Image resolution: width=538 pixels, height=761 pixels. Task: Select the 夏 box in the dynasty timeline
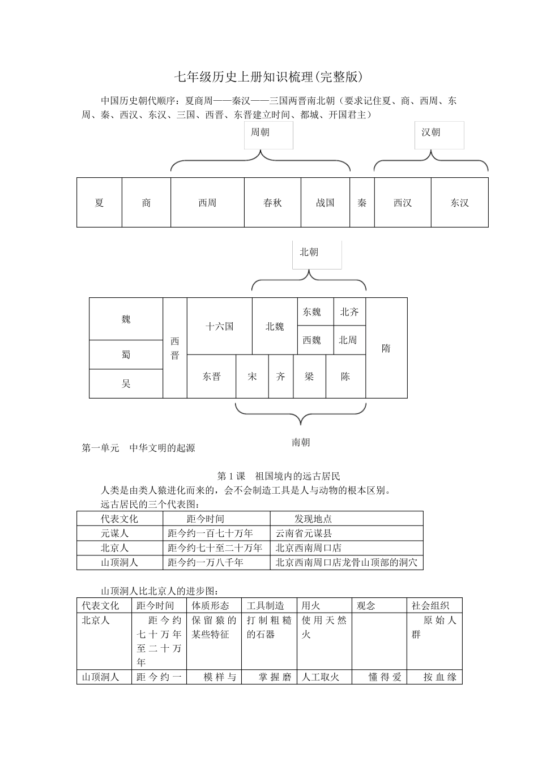100,203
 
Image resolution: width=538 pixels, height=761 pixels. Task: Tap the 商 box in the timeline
146,203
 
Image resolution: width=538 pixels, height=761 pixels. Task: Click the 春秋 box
272,203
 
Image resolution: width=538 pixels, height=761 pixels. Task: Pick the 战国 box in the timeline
325,203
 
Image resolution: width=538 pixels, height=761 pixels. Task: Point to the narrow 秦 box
362,203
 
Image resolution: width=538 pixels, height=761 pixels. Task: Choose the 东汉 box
459,203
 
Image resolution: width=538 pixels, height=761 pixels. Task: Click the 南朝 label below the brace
301,442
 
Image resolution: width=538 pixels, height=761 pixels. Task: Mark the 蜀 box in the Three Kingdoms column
126,355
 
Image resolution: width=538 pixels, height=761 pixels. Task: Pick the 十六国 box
219,327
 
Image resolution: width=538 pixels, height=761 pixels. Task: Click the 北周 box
348,340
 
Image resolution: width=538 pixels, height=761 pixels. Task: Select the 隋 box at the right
386,348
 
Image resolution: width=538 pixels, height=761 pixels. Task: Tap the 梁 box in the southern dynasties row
309,377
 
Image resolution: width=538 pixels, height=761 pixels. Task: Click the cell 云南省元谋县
304,533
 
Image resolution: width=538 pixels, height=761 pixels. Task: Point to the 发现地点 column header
313,519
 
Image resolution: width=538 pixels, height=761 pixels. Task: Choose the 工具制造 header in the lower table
266,605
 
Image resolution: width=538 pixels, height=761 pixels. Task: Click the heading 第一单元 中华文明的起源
139,448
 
